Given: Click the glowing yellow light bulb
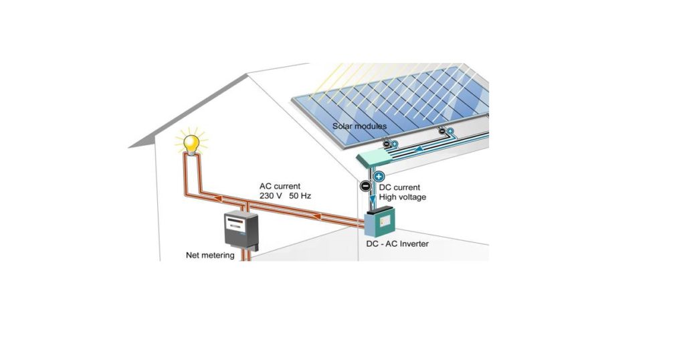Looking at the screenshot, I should click(x=192, y=143).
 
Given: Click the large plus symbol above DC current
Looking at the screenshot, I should click(x=379, y=177).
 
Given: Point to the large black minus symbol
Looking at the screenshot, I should click(x=365, y=186).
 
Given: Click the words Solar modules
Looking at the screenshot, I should click(x=359, y=126).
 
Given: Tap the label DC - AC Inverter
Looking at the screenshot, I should click(x=397, y=244).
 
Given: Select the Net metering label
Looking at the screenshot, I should click(x=210, y=255).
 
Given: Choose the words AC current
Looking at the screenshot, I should click(x=280, y=185).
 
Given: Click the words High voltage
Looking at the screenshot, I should click(x=402, y=197).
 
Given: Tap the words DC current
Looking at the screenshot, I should click(x=403, y=187).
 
